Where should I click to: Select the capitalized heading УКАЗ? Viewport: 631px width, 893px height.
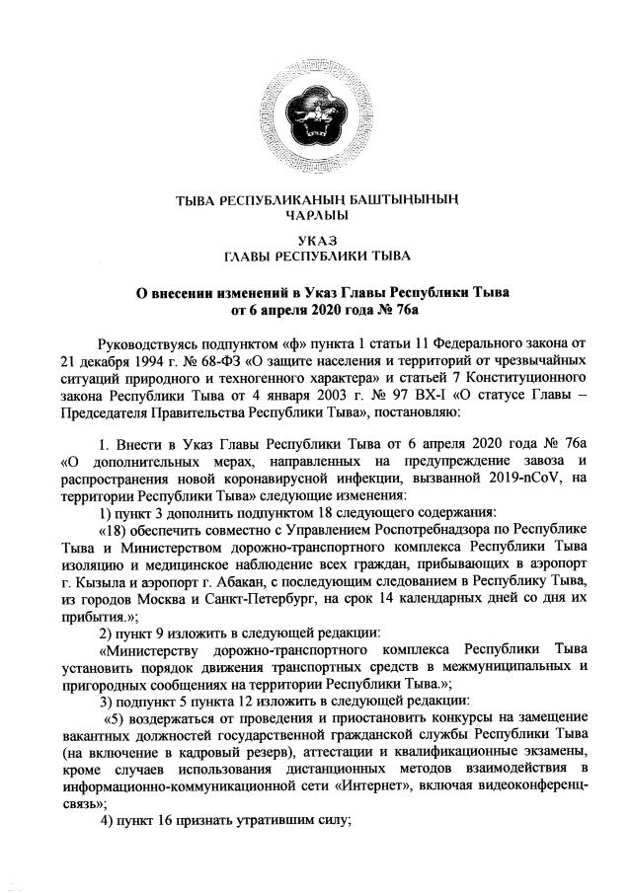[315, 242]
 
